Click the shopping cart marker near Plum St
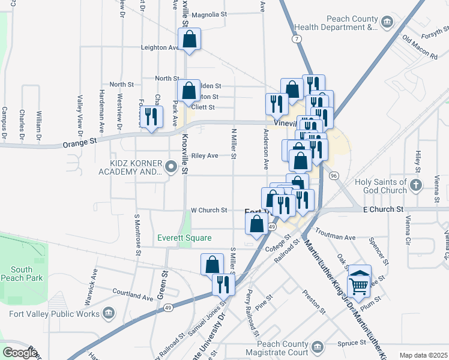359,281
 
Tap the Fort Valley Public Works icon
109,313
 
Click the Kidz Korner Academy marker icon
172,167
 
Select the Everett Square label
184,238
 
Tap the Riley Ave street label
205,155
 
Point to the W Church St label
209,211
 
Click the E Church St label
383,209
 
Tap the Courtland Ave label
133,296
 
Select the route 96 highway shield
334,175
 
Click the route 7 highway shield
297,38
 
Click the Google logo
20,353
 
